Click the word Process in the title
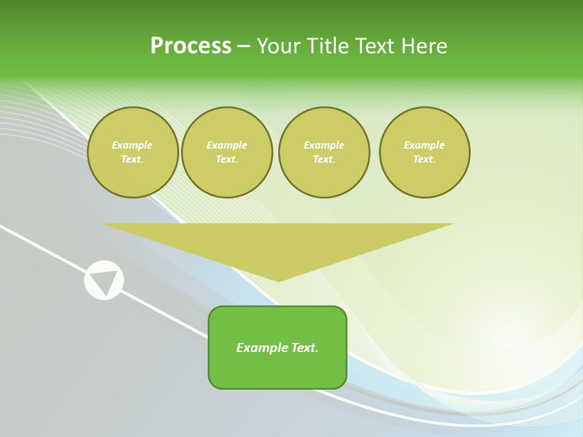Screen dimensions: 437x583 click(191, 46)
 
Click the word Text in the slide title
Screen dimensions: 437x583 click(379, 46)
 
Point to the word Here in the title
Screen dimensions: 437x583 click(427, 46)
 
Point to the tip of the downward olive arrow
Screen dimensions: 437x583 click(278, 280)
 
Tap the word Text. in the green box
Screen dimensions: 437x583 click(304, 348)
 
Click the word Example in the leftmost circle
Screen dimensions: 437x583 click(132, 145)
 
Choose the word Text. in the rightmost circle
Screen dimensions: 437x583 click(424, 159)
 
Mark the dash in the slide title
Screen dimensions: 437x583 click(244, 46)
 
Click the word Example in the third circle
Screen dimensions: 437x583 click(324, 145)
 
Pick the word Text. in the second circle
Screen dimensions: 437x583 click(227, 159)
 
